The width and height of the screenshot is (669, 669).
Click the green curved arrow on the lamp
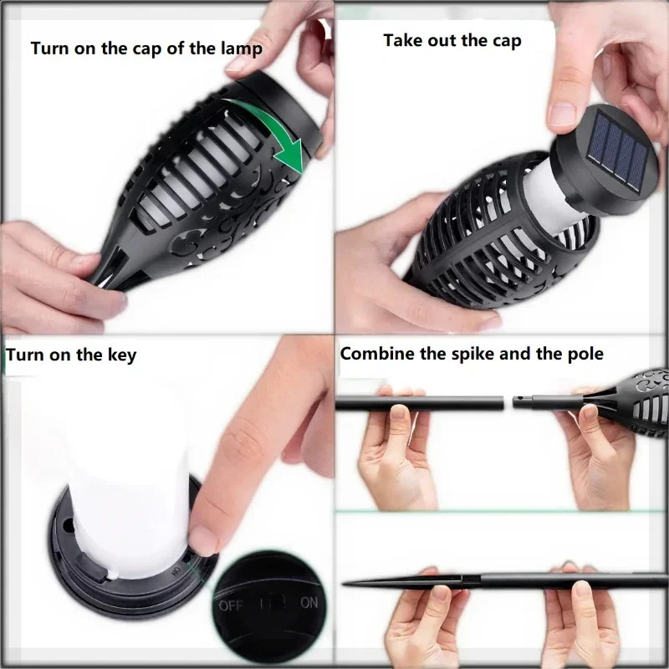[x=273, y=128]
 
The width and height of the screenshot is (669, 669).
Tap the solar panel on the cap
[x=617, y=151]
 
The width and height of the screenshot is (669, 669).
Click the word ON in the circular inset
[x=309, y=602]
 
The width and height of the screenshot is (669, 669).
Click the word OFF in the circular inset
[x=231, y=605]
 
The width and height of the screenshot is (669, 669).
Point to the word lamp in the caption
[x=242, y=49]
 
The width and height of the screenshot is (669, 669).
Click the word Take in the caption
[x=403, y=40]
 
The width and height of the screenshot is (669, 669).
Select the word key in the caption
[x=121, y=355]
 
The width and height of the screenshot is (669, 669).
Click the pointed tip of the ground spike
[x=344, y=583]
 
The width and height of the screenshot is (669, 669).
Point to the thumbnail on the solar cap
[x=562, y=115]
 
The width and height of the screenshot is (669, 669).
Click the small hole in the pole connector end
[x=518, y=401]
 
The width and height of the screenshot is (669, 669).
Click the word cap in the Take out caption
[x=508, y=41]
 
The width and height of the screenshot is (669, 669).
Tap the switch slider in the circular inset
[x=273, y=603]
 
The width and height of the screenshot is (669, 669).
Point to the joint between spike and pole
[x=471, y=580]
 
